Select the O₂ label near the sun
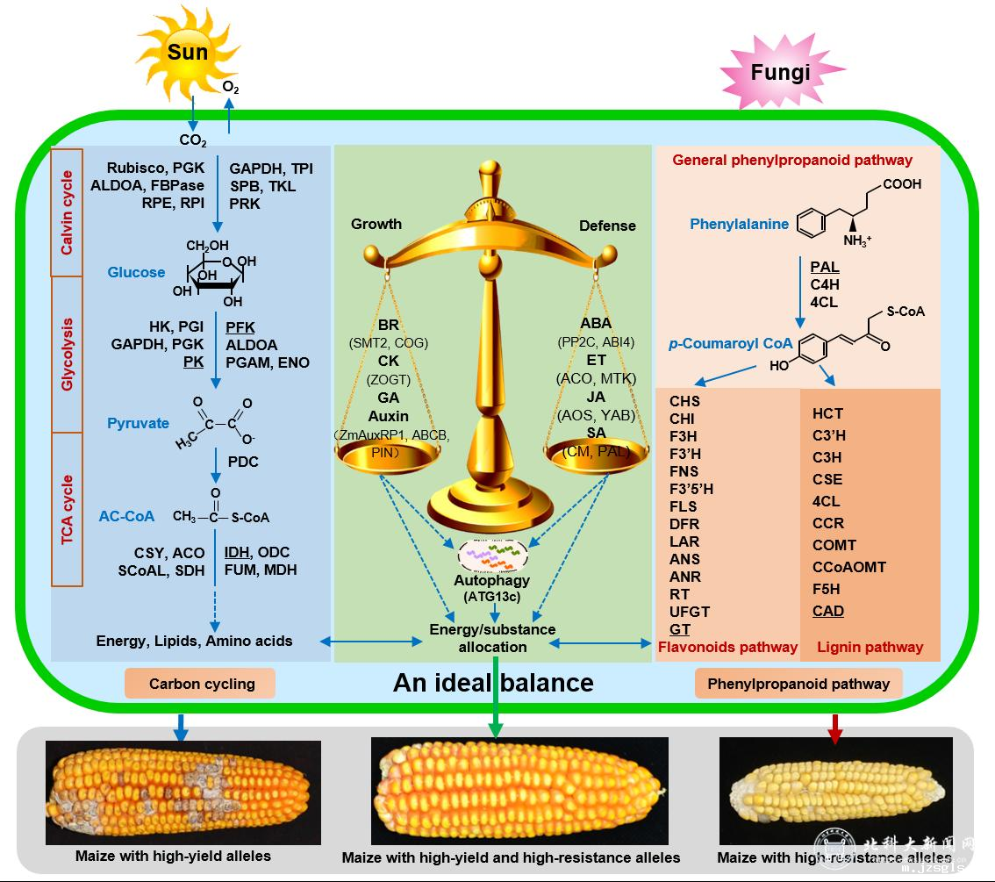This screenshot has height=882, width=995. click(231, 88)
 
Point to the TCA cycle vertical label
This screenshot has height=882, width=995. click(67, 510)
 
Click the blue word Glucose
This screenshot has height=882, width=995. click(136, 272)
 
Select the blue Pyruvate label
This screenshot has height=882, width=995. click(138, 423)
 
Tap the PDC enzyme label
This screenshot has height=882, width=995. click(242, 462)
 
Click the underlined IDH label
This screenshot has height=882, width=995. click(237, 552)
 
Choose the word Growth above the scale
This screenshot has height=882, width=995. click(376, 224)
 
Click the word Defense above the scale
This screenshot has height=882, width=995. click(607, 226)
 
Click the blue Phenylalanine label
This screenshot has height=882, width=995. click(739, 224)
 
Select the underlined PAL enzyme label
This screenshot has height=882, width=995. click(824, 267)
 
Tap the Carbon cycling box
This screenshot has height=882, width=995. click(202, 684)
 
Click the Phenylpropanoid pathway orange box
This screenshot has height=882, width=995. click(798, 684)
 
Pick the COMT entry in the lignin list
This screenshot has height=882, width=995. click(834, 545)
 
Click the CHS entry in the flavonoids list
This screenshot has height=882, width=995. click(684, 402)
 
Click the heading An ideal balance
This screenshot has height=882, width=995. click(493, 683)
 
